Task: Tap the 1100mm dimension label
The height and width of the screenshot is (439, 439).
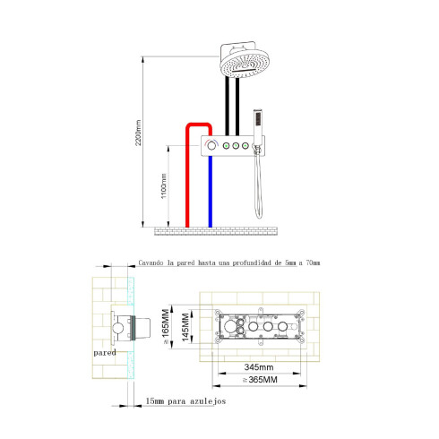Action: pyautogui.click(x=161, y=187)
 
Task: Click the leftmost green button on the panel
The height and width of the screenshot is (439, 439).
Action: pyautogui.click(x=228, y=144)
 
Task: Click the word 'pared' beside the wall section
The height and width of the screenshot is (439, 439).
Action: pyautogui.click(x=104, y=353)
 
